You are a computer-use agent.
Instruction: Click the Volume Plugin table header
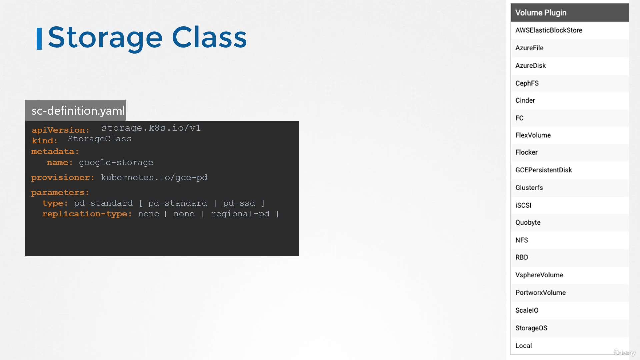(570, 13)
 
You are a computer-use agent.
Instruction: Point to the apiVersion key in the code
(61, 130)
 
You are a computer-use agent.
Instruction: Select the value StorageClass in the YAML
(100, 139)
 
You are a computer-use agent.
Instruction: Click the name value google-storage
(116, 163)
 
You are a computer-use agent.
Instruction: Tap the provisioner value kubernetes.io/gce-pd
(154, 178)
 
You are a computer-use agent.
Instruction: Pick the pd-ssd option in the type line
(239, 203)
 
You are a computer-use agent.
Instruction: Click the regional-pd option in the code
(240, 214)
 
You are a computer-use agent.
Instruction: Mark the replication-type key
(87, 214)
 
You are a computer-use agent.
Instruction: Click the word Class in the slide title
(209, 37)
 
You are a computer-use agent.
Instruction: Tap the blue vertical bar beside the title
(39, 39)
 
